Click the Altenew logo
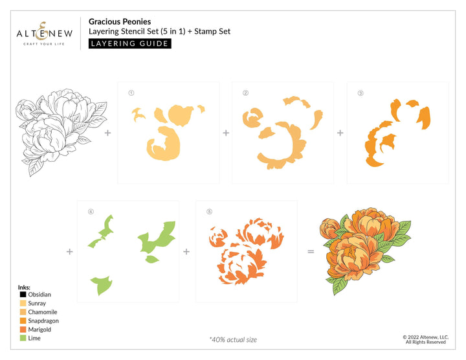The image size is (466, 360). point(44,34)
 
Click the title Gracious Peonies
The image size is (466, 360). point(120,22)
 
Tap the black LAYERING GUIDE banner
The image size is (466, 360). point(130,43)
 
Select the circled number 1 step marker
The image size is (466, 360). point(131,93)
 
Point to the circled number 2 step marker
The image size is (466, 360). point(245,93)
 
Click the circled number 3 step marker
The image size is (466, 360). point(361,93)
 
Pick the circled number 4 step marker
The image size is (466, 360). point(91,212)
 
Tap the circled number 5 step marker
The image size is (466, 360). point(209,212)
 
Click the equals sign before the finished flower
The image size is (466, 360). point(311,252)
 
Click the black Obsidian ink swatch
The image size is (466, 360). point(23,295)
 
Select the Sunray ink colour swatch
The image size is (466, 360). point(23,303)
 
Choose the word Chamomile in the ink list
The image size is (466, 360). point(43,312)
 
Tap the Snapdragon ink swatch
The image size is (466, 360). point(23,321)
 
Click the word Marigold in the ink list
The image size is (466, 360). point(39,330)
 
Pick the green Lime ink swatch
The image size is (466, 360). point(23,338)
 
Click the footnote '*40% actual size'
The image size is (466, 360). point(233,340)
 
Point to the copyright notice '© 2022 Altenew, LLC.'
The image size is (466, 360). point(426,337)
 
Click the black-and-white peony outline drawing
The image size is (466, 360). point(61,131)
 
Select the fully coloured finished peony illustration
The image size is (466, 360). point(365,251)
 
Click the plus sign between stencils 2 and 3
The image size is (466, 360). point(340,133)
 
